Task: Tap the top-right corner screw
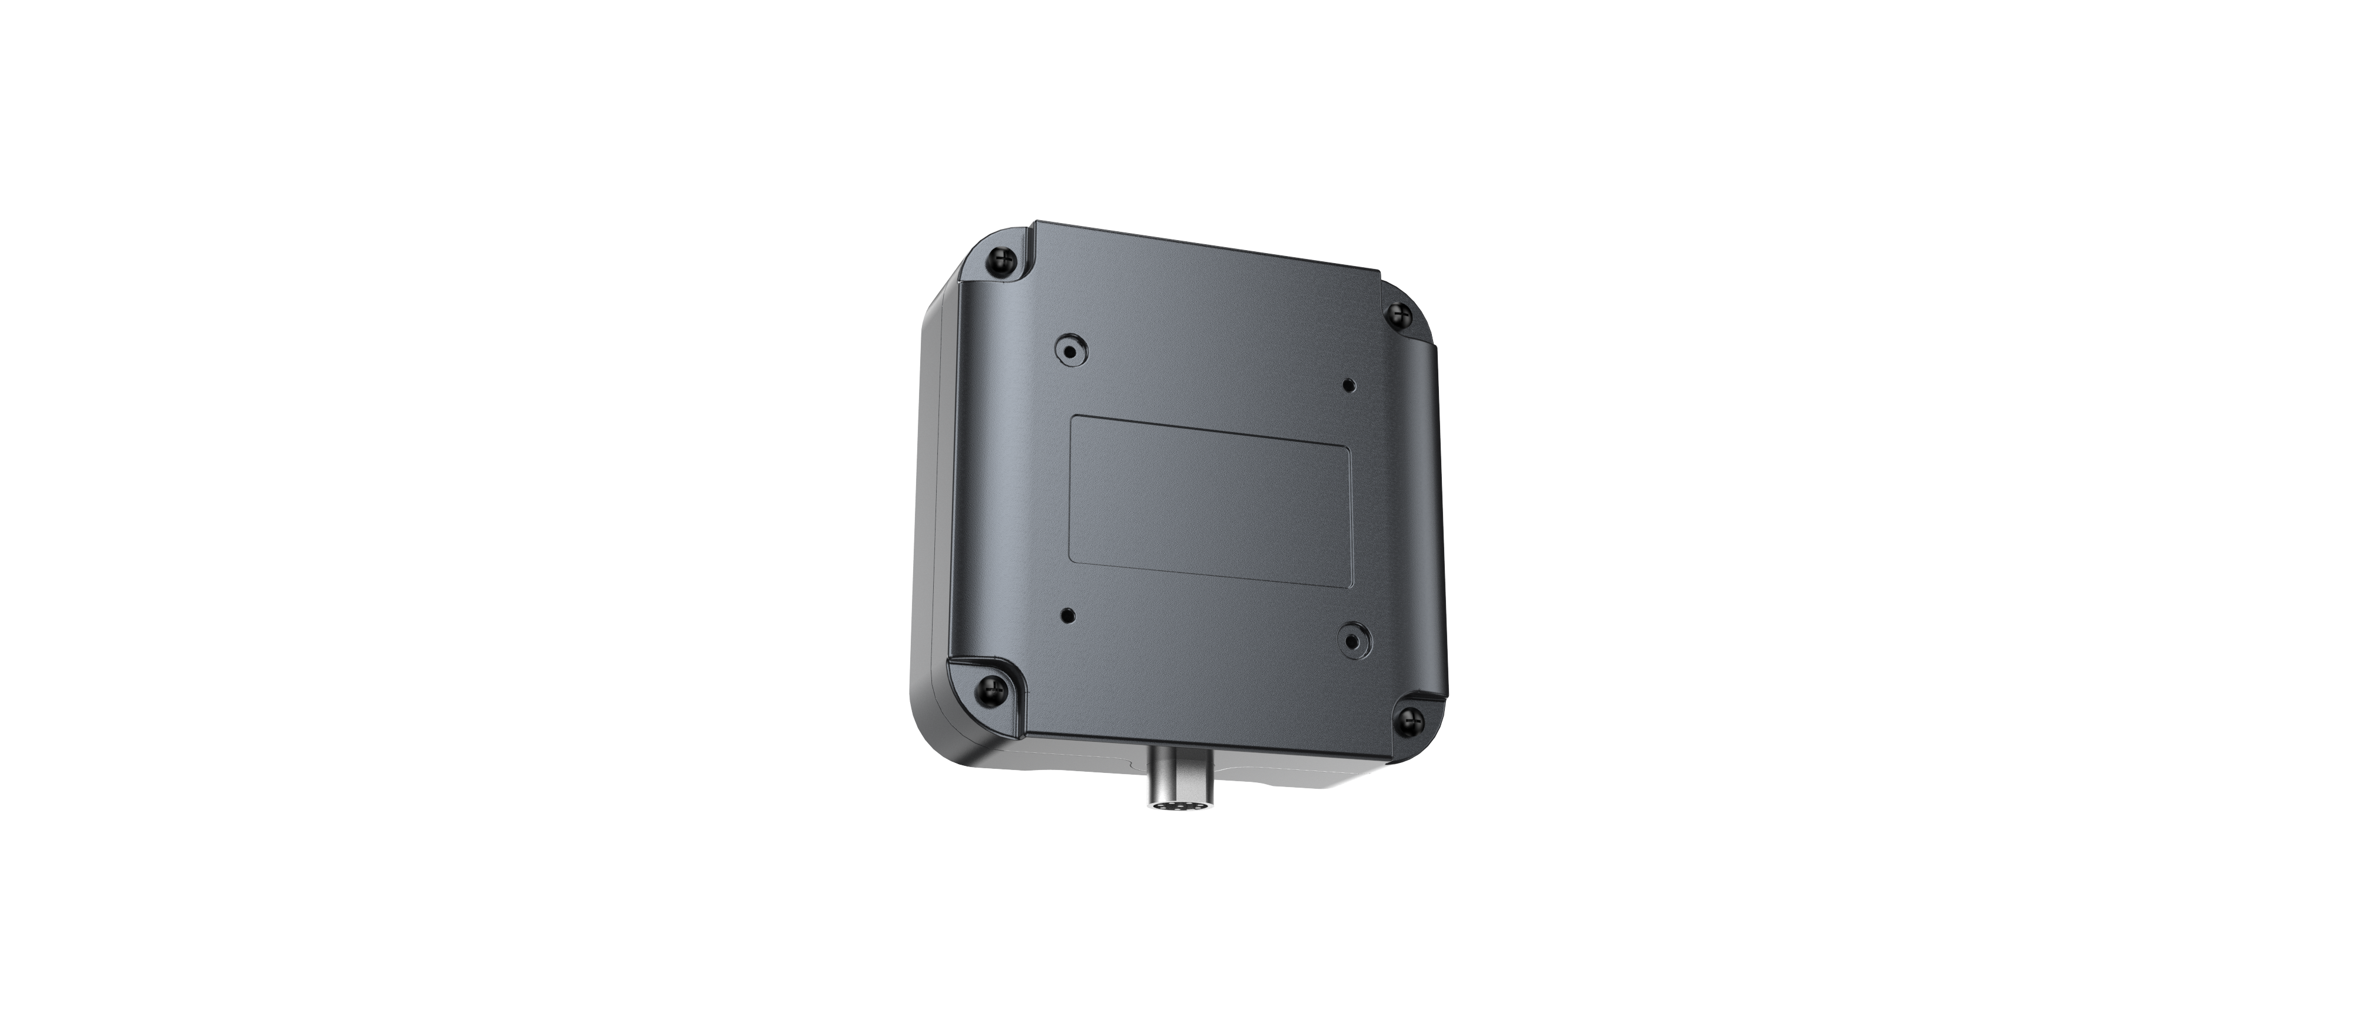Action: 1395,316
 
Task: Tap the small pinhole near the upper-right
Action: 1348,384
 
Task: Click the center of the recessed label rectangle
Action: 1211,501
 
